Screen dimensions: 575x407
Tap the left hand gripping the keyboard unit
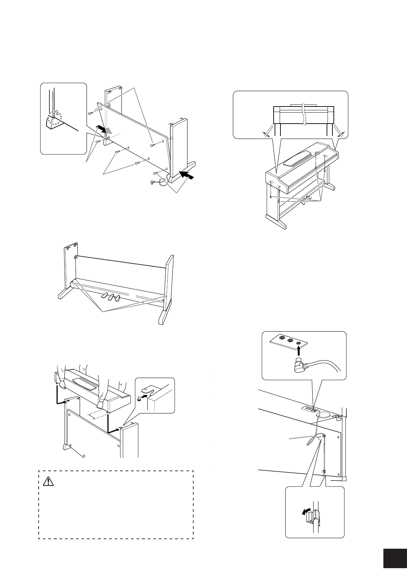(x=62, y=384)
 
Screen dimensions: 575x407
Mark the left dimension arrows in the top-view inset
(x=266, y=134)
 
